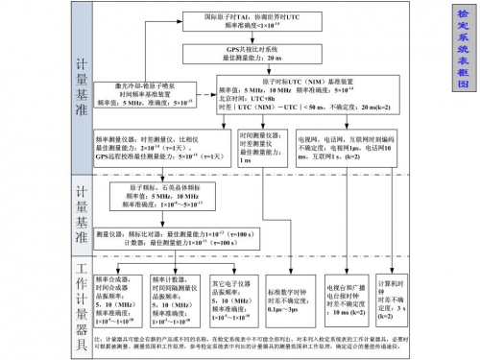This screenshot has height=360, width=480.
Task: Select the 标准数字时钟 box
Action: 289,300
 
